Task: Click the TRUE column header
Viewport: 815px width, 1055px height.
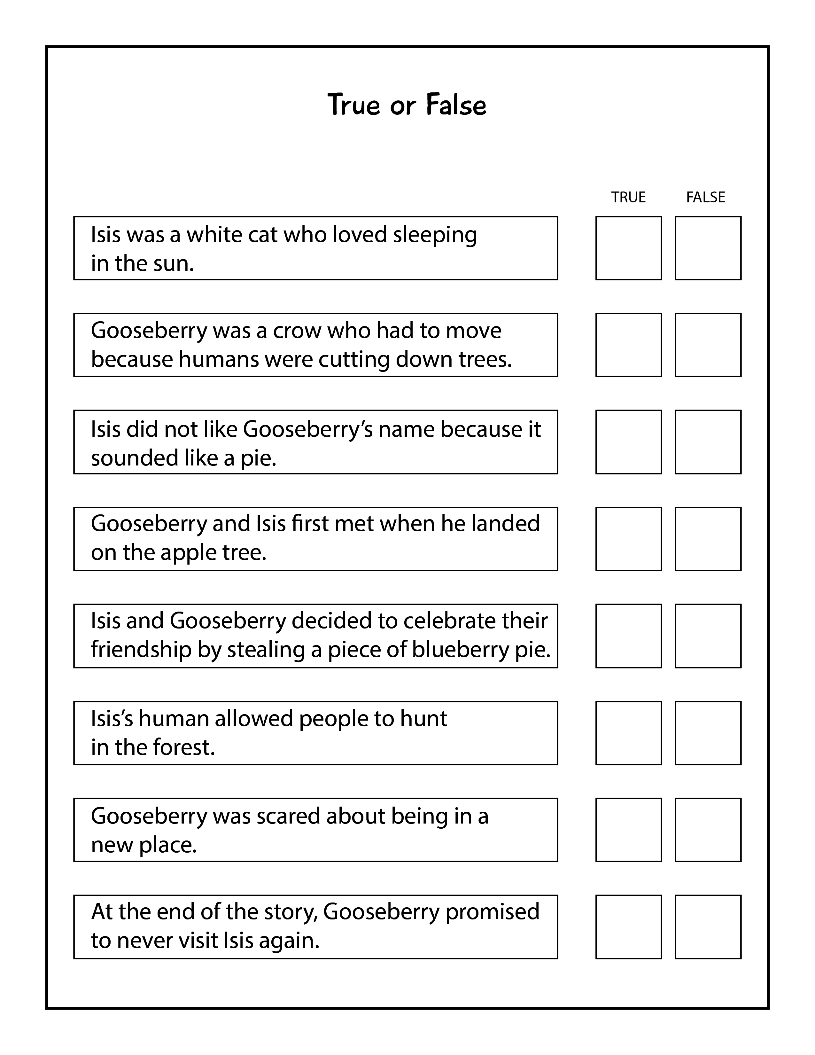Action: click(628, 197)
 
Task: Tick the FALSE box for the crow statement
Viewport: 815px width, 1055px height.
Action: click(708, 345)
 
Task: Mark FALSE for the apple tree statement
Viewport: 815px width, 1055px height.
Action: click(708, 539)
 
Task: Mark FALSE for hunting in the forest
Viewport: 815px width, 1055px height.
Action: click(708, 733)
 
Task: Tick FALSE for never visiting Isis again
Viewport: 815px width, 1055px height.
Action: click(708, 926)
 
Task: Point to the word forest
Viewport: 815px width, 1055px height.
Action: click(183, 747)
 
